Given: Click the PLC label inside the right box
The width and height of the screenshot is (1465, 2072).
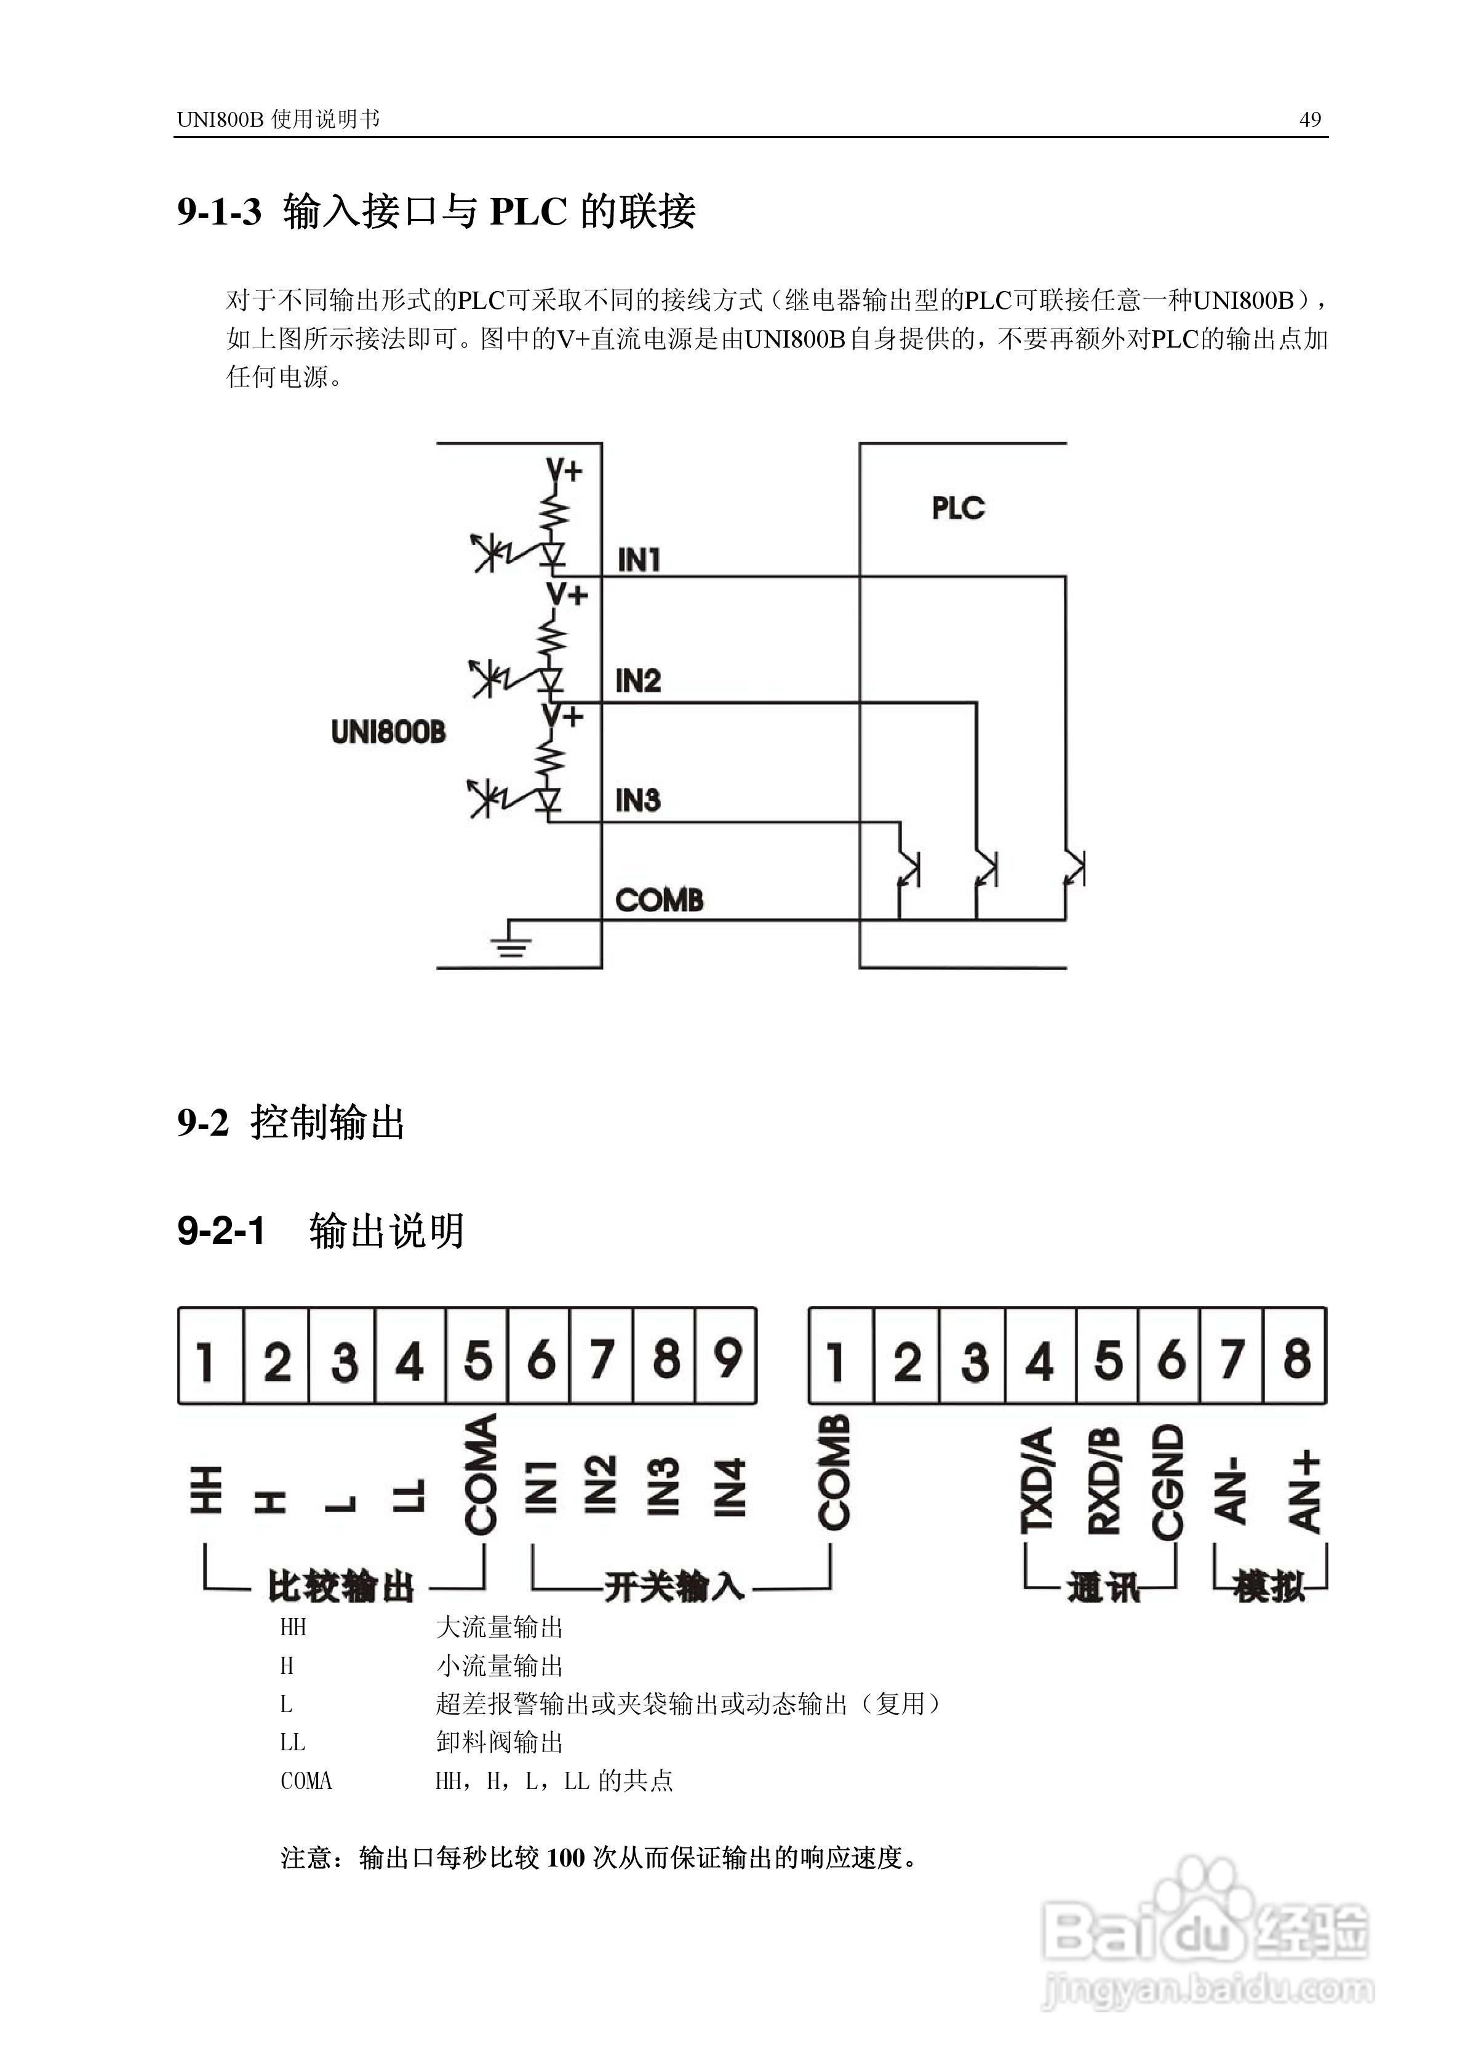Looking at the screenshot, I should click(x=958, y=508).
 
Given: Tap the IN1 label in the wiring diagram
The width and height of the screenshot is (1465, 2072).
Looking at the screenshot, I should click(x=639, y=560).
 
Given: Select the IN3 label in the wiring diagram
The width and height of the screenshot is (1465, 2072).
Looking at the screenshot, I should click(x=637, y=800).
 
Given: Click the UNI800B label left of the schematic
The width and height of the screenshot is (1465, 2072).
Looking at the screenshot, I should click(x=388, y=732).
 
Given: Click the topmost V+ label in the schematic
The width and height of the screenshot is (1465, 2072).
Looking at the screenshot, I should click(x=565, y=470).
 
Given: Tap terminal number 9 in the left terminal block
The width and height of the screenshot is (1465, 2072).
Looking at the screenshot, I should click(x=727, y=1358).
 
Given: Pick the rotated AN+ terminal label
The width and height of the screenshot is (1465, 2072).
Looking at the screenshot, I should click(x=1304, y=1492).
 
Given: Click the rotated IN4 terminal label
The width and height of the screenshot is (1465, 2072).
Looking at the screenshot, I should click(x=729, y=1486).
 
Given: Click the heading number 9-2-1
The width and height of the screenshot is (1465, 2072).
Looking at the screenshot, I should click(x=221, y=1231).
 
